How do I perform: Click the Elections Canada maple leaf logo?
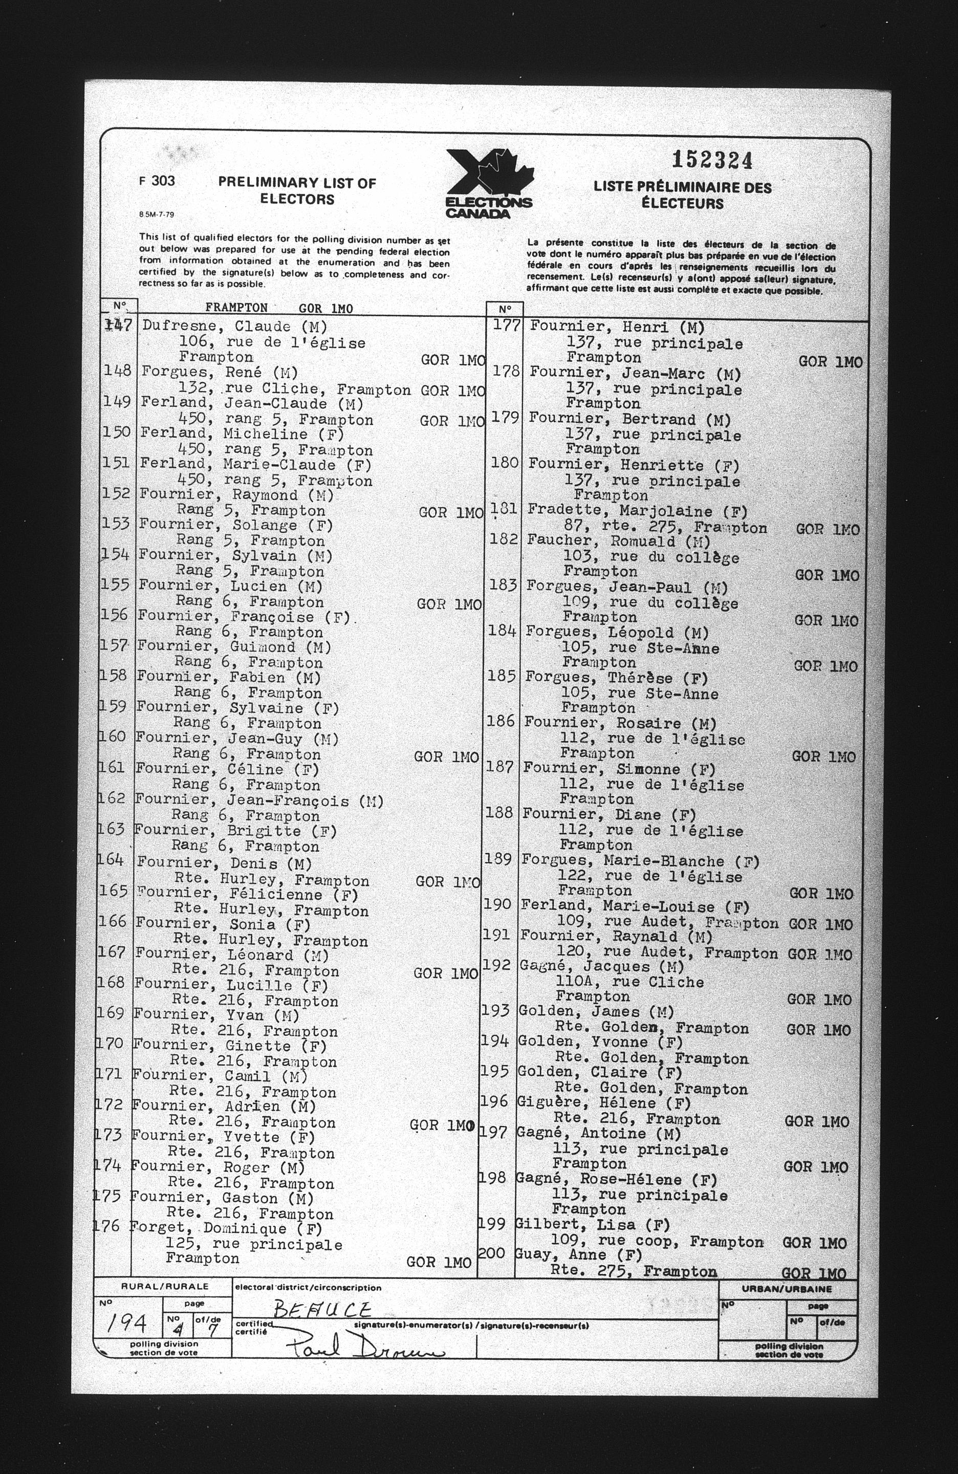click(x=489, y=183)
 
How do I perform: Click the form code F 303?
click(x=157, y=181)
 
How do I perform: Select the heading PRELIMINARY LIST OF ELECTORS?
click(x=297, y=191)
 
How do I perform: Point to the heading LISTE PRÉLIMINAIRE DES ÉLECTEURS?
click(x=683, y=195)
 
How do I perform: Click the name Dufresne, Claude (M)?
click(x=235, y=327)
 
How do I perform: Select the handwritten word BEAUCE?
click(x=322, y=1309)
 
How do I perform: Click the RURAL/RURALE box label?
click(x=164, y=1286)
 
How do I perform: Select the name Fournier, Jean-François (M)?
click(x=259, y=801)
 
